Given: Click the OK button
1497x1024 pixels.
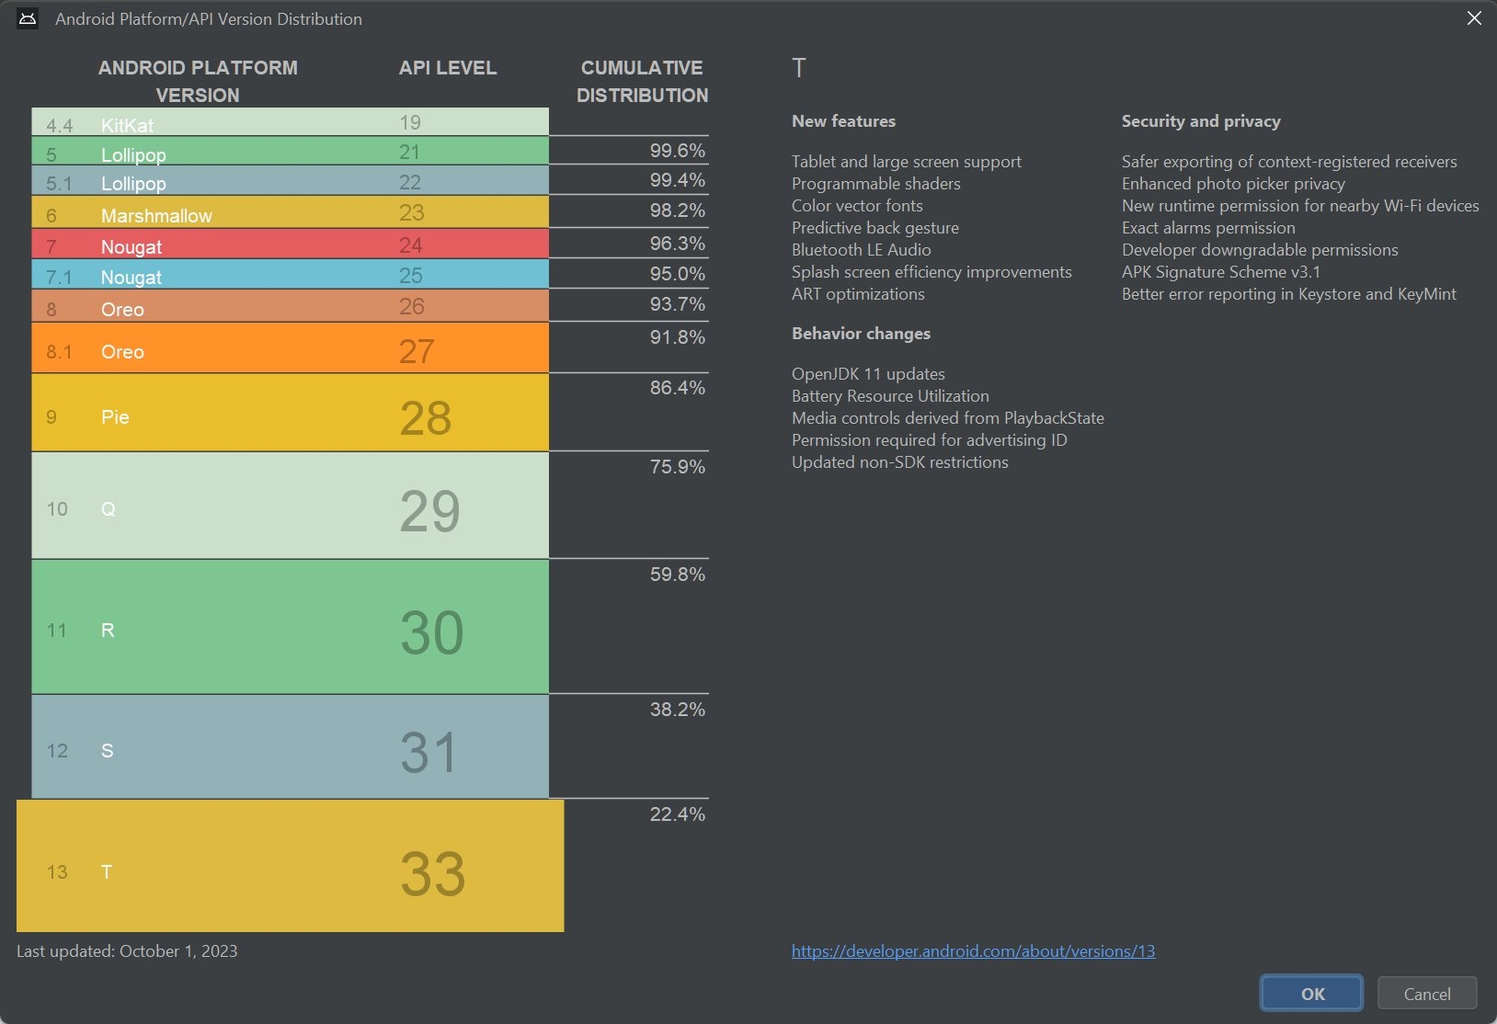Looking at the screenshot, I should [1311, 994].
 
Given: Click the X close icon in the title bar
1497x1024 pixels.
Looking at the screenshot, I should [1474, 18].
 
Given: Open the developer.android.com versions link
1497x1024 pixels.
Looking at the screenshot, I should [973, 951].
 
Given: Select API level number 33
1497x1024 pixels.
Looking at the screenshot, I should [432, 873].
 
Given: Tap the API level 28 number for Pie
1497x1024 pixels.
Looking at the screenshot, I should [425, 418].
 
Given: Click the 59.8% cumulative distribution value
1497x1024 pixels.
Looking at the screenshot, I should [677, 575].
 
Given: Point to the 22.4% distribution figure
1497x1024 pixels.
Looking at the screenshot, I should [677, 814].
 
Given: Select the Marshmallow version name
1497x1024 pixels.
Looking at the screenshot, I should [156, 216].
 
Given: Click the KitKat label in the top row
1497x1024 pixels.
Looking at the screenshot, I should [127, 125].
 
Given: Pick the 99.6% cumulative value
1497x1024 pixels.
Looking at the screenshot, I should [677, 151].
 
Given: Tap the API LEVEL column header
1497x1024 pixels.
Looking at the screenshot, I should [448, 68].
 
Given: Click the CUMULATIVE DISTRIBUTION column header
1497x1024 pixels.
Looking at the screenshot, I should [642, 82].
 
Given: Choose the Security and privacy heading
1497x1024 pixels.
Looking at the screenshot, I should [1201, 121].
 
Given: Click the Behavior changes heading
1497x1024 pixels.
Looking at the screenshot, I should [861, 334].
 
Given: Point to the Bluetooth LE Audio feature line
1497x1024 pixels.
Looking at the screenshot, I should [861, 250].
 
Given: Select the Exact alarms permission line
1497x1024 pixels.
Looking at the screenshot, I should [1208, 228].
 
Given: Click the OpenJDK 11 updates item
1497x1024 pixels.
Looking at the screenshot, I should [868, 374].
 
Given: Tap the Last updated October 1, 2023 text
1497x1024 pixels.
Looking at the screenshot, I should [127, 951].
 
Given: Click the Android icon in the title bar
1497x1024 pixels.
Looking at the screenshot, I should [28, 18].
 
